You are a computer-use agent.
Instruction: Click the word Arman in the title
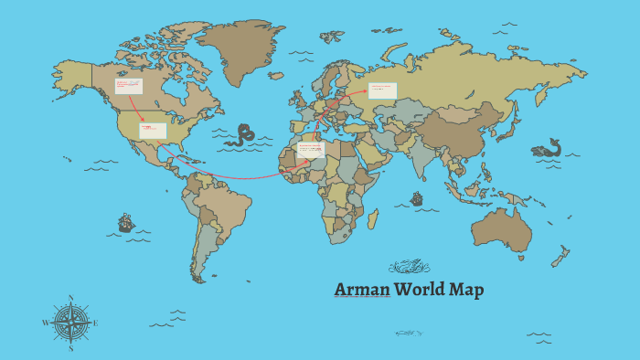point(361,291)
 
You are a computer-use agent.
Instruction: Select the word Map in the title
point(466,291)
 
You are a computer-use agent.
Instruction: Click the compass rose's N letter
point(70,298)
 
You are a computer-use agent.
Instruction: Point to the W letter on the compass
point(45,323)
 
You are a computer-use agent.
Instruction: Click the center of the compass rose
point(70,323)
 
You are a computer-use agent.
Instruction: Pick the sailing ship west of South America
point(126,223)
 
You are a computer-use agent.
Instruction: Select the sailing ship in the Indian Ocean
point(417,198)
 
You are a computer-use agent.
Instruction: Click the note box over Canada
point(128,86)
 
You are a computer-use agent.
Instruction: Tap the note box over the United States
point(153,131)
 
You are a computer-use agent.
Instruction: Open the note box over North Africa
point(312,150)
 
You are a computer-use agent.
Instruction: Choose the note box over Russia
point(382,90)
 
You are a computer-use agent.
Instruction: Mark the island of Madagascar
point(373,219)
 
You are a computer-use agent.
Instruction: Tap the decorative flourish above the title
point(409,267)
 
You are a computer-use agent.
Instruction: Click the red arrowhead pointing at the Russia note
point(367,90)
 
